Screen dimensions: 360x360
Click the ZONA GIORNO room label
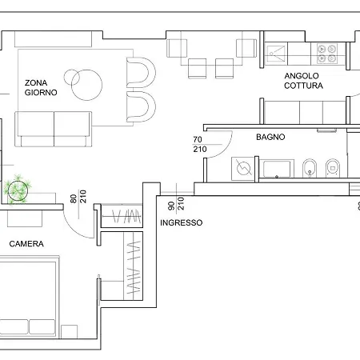click(x=41, y=87)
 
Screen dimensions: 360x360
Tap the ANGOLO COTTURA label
click(x=303, y=81)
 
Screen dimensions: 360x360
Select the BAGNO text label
click(x=270, y=137)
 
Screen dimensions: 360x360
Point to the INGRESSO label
click(x=181, y=222)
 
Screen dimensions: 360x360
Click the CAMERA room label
click(x=26, y=243)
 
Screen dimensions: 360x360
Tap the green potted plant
click(x=17, y=189)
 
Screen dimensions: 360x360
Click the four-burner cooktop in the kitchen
click(x=327, y=53)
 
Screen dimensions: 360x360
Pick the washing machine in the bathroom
click(x=243, y=169)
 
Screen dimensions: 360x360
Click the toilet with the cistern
click(x=334, y=168)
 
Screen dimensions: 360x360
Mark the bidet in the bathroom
click(x=310, y=168)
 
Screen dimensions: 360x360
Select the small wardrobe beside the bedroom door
click(x=120, y=216)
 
